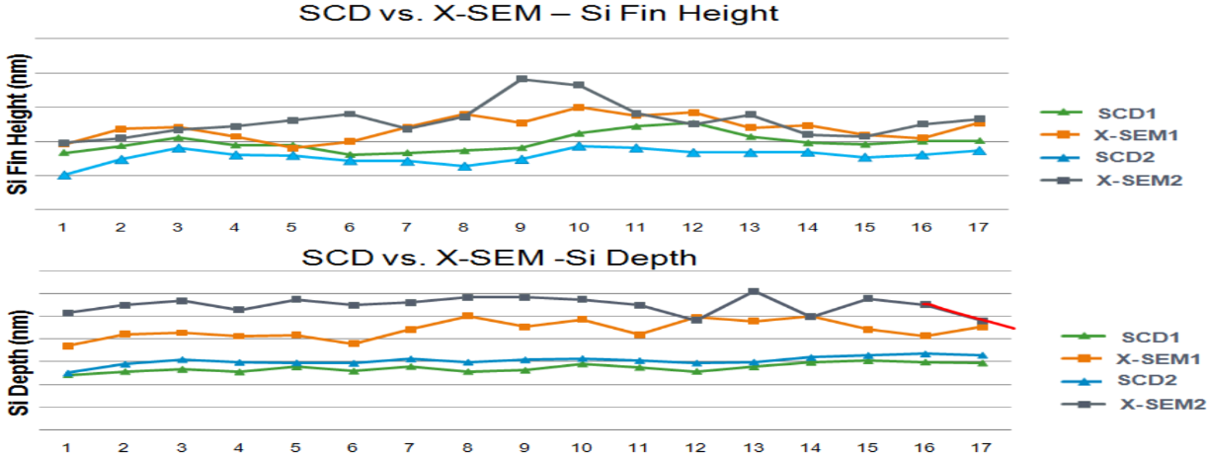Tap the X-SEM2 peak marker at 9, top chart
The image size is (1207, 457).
(522, 79)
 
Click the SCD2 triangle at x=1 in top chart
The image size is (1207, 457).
(63, 175)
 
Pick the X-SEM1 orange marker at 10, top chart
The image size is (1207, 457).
(579, 108)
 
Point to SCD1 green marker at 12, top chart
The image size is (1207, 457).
(694, 122)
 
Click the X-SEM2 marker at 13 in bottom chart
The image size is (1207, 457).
(753, 291)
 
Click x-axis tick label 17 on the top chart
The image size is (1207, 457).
(978, 227)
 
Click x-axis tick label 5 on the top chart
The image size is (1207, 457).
(292, 227)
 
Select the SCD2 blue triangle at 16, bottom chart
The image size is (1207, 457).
(925, 353)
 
